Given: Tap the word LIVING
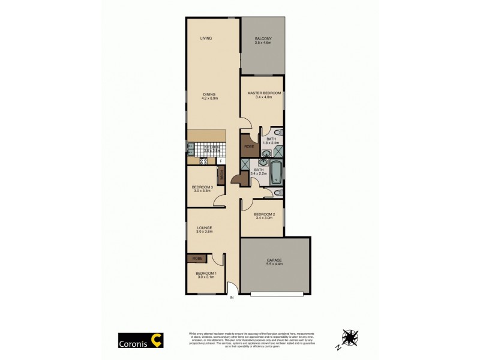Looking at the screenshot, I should coord(206,38).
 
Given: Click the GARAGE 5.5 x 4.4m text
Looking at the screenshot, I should coord(274,262).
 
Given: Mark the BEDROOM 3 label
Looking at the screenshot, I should coord(202,189).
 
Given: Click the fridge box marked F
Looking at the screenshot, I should coord(221,161).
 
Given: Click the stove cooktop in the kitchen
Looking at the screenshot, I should coord(203,161).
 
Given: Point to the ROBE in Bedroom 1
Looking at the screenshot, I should coord(197,258).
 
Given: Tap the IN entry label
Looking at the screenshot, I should coord(231,299).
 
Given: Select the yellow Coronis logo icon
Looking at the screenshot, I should coord(157,340).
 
